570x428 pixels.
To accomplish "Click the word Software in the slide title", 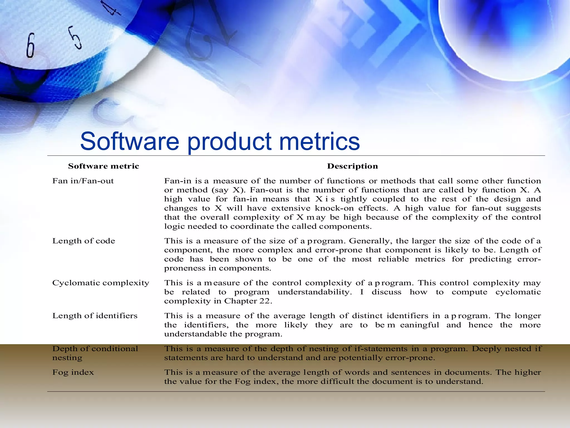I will coord(129,141).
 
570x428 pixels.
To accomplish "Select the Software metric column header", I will coord(104,166).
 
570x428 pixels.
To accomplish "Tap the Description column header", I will coord(352,166).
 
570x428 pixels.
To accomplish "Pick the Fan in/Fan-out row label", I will coord(83,181).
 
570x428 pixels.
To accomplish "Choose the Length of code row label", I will coord(83,241).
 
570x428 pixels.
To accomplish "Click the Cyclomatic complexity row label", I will coord(101,283).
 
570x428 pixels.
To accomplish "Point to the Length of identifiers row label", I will coord(95,316).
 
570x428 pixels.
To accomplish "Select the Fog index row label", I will coord(73,373).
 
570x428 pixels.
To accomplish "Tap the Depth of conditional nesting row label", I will coord(95,353).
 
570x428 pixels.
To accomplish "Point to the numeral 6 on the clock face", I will coord(30,45).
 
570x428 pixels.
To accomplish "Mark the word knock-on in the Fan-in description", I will coord(334,208).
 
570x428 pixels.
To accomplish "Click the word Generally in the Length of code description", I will coord(369,241).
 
